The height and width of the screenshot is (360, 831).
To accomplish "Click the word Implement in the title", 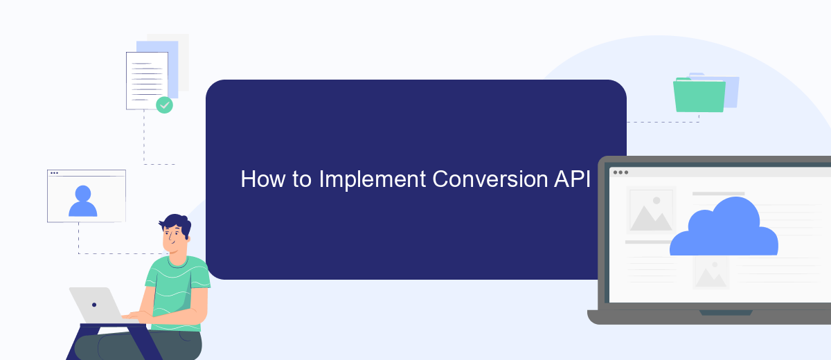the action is pyautogui.click(x=372, y=180).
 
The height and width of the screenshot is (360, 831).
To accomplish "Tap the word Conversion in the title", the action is pyautogui.click(x=490, y=179).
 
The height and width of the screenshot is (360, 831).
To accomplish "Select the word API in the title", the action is pyautogui.click(x=572, y=179).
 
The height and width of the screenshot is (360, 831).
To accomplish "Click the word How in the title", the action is pyautogui.click(x=263, y=179).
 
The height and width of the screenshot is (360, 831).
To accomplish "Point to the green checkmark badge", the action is pyautogui.click(x=164, y=105).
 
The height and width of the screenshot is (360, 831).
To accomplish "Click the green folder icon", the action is pyautogui.click(x=699, y=96).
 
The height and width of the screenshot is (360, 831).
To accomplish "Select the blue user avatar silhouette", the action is pyautogui.click(x=82, y=201).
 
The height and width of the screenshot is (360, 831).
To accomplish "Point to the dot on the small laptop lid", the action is pyautogui.click(x=94, y=305).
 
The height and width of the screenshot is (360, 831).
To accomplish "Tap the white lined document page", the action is pyautogui.click(x=147, y=81).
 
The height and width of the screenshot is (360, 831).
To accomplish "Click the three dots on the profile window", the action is pyautogui.click(x=54, y=173).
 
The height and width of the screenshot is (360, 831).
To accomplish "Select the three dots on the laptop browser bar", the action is pyautogui.click(x=620, y=172).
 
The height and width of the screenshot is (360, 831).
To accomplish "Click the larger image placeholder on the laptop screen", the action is pyautogui.click(x=651, y=210).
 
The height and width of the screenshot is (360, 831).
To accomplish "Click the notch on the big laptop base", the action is pyautogui.click(x=726, y=313).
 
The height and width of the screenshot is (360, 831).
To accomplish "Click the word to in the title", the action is pyautogui.click(x=302, y=180).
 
